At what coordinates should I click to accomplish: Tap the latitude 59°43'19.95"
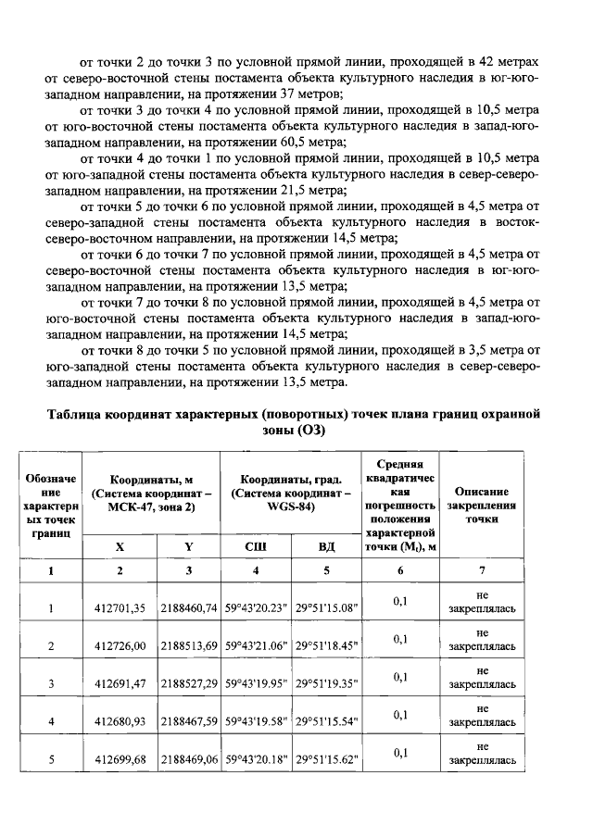(256, 683)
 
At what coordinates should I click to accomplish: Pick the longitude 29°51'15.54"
(326, 721)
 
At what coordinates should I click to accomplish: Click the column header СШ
(256, 546)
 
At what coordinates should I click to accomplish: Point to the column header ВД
(326, 546)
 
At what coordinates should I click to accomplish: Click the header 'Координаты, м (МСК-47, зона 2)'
(151, 493)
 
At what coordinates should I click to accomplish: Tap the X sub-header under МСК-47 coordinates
(120, 546)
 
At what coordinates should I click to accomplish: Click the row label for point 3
(52, 683)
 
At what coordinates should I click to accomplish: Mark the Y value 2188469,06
(189, 759)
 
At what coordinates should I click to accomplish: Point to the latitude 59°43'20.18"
(256, 759)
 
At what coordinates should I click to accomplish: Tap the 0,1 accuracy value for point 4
(400, 715)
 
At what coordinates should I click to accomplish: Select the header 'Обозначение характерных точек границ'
(52, 506)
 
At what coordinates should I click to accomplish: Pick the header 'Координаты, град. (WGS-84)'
(291, 493)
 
